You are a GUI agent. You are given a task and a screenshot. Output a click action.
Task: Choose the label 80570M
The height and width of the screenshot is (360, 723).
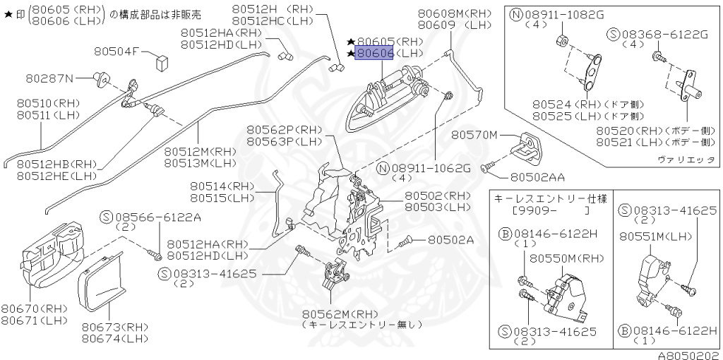[x=474, y=134]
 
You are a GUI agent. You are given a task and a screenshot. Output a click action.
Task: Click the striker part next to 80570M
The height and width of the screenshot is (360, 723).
[x=526, y=145]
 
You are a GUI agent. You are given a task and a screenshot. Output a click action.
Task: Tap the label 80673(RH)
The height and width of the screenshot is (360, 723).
[x=115, y=327]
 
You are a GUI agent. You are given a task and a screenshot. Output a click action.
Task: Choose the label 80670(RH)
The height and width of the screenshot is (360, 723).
[x=35, y=308]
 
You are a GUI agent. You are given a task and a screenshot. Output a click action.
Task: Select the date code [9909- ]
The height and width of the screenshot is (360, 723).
[x=551, y=211]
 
